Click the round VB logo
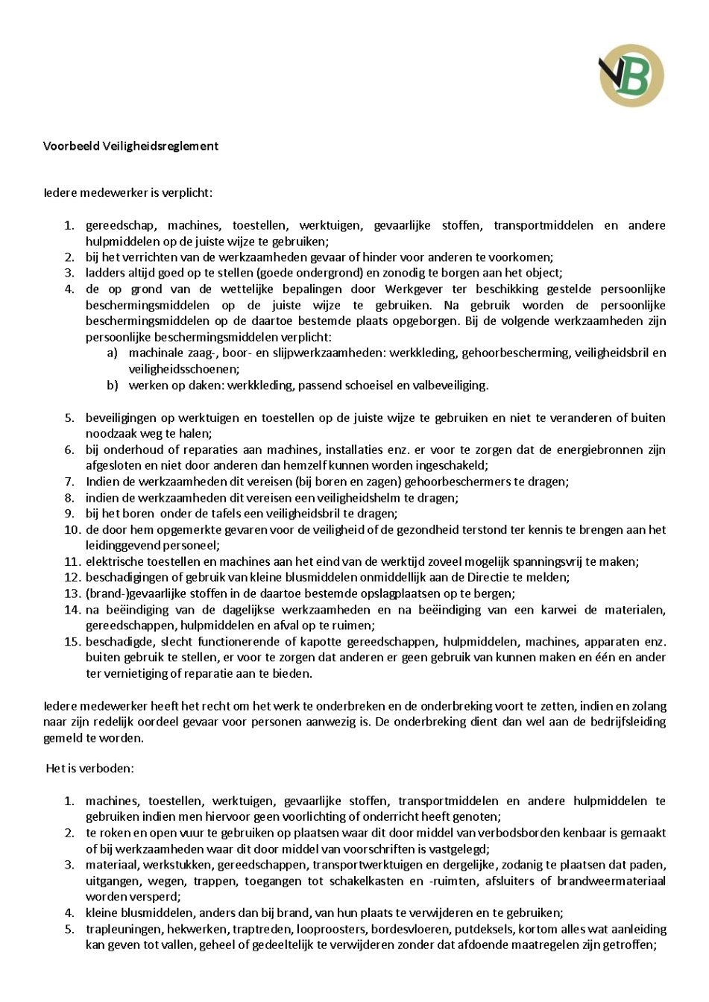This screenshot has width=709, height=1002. click(x=631, y=75)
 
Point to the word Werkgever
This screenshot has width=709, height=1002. click(x=414, y=289)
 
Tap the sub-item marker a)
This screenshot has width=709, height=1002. click(x=113, y=353)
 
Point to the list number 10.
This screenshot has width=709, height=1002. click(x=72, y=530)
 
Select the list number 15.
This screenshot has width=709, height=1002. click(x=72, y=641)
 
